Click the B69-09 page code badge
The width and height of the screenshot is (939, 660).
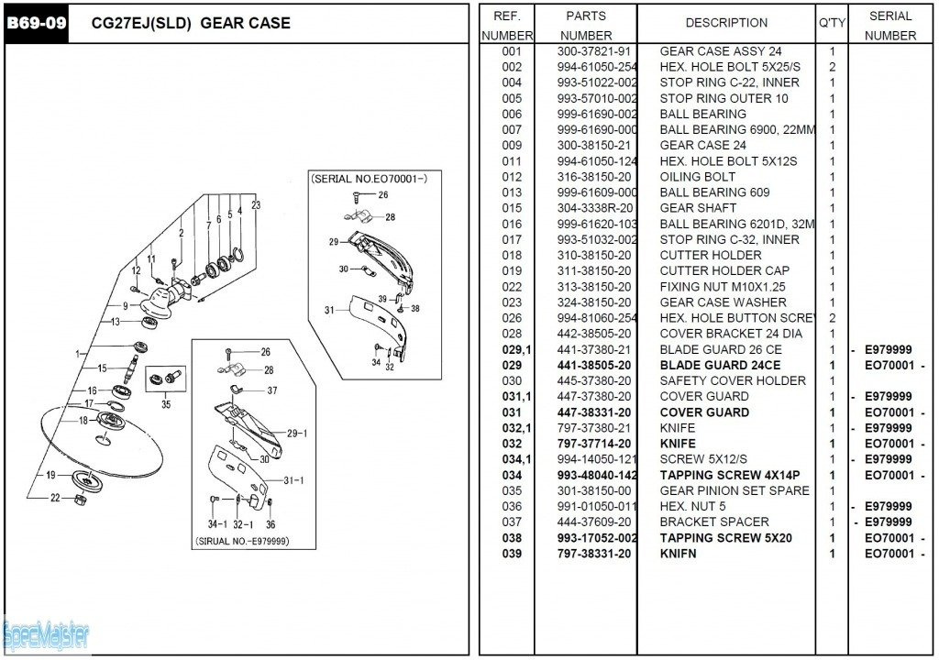(x=37, y=23)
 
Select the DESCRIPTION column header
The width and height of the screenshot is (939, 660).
(x=726, y=23)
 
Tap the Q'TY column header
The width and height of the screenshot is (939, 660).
(x=832, y=23)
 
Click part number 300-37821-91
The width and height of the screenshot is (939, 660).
(x=594, y=51)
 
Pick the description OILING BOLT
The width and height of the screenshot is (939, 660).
(x=697, y=177)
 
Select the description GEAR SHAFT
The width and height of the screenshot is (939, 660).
(x=698, y=208)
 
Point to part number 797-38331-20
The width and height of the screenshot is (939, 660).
(x=594, y=554)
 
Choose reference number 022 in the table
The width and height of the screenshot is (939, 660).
(x=512, y=287)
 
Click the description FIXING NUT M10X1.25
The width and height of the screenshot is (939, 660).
(x=723, y=287)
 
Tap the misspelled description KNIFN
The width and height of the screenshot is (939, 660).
(x=678, y=554)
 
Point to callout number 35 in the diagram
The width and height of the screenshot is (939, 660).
(x=165, y=403)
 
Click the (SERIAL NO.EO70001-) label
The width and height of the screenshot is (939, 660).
(x=369, y=178)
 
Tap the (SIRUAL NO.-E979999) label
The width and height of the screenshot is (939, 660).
(x=242, y=541)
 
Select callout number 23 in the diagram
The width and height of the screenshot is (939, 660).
(x=256, y=204)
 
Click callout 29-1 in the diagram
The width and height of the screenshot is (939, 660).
(x=296, y=434)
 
